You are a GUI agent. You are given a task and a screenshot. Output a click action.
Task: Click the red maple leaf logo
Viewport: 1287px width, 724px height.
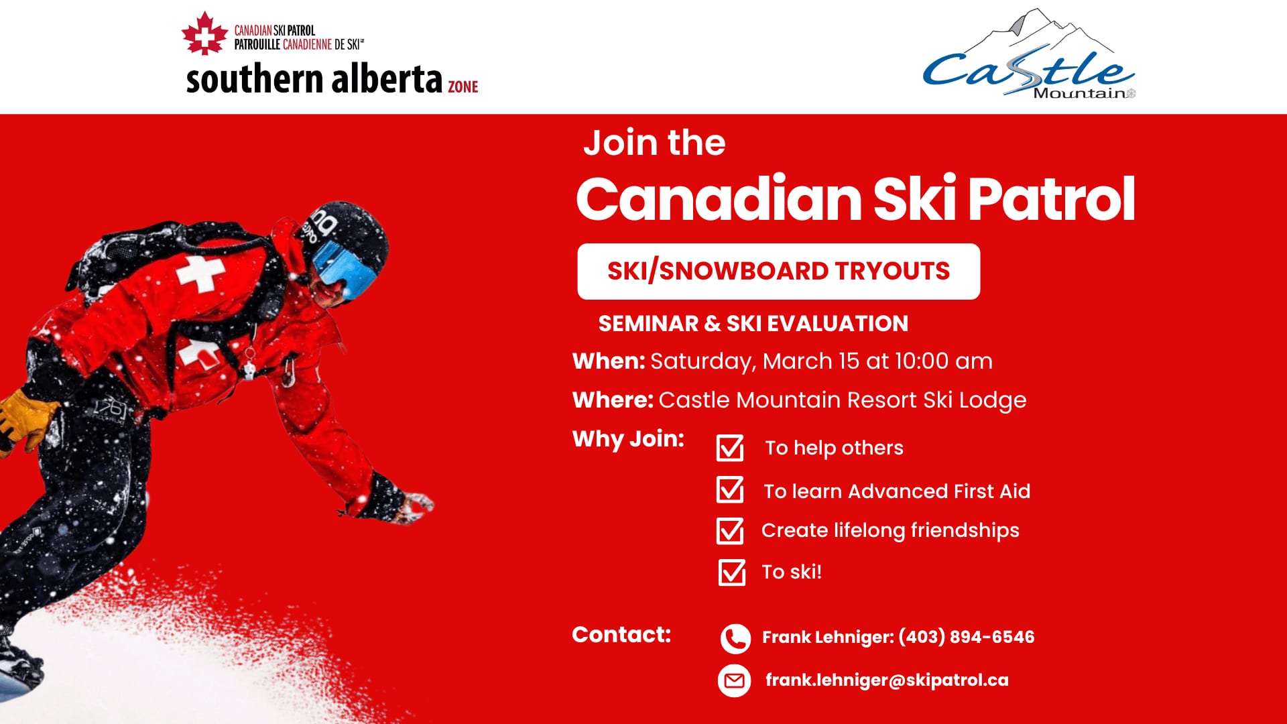click(204, 34)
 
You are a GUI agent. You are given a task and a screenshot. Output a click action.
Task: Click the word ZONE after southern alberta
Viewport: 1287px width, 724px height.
click(463, 86)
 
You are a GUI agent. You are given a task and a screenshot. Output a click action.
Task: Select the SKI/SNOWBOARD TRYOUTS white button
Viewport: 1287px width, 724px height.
click(778, 271)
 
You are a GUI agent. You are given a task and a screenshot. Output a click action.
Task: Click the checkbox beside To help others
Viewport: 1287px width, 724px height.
click(730, 448)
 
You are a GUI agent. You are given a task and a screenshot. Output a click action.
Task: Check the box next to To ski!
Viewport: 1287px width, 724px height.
click(732, 572)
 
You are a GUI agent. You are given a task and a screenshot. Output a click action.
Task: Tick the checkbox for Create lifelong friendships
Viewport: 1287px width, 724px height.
click(730, 531)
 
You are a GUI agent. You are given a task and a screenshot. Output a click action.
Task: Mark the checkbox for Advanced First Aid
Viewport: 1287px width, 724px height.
click(730, 489)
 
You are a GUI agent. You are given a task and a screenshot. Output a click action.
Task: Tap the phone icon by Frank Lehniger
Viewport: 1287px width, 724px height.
click(735, 638)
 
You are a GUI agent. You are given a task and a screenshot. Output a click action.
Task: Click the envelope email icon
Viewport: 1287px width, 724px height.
click(735, 681)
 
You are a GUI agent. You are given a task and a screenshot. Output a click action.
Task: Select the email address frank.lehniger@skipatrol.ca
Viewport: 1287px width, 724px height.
click(887, 680)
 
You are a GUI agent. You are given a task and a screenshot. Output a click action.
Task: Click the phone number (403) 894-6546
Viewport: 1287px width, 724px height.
click(966, 637)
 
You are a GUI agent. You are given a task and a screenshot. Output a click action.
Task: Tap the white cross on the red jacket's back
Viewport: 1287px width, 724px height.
click(200, 274)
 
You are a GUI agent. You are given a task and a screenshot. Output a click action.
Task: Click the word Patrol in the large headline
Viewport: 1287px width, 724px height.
click(1051, 199)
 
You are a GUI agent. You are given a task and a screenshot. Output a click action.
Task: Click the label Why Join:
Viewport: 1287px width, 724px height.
click(628, 439)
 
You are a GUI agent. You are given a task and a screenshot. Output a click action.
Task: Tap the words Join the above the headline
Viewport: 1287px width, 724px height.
click(654, 143)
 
